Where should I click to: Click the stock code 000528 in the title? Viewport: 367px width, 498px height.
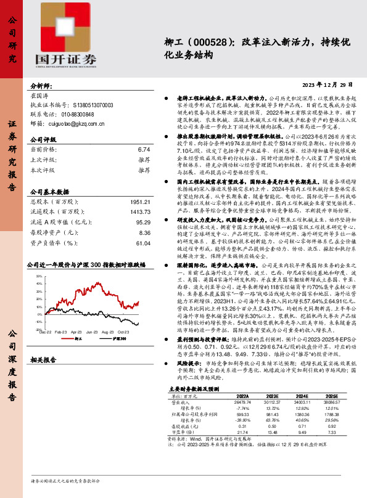(x=199, y=41)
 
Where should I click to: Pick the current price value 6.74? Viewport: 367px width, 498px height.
(x=144, y=149)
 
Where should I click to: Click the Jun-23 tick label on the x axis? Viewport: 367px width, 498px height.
(x=93, y=332)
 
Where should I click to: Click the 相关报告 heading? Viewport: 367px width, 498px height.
(x=43, y=359)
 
